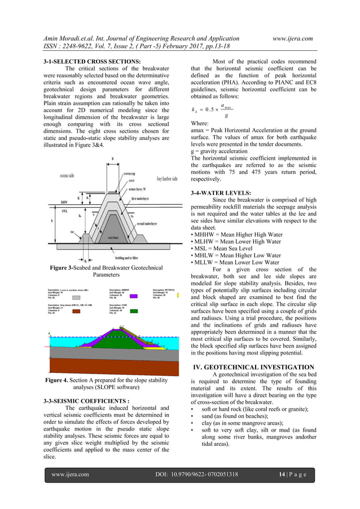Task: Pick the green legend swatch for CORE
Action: click(134, 311)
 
